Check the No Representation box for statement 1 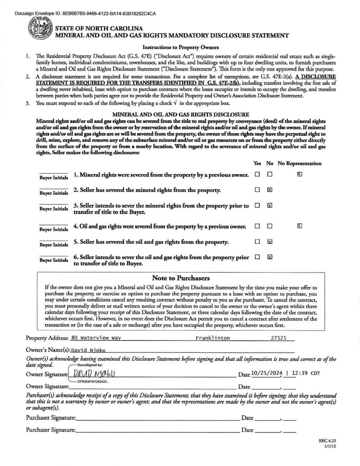click(x=299, y=174)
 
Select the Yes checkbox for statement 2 click(x=258, y=190)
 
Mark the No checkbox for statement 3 click(x=270, y=206)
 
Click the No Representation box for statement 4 click(x=299, y=226)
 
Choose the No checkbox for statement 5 click(x=270, y=241)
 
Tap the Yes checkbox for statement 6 click(x=258, y=257)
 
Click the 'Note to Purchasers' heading click(x=181, y=278)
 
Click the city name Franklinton click(x=213, y=338)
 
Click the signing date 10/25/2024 click(x=266, y=374)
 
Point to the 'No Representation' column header click(x=299, y=163)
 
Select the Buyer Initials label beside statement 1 click(x=54, y=177)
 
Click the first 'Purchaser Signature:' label click(x=51, y=417)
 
